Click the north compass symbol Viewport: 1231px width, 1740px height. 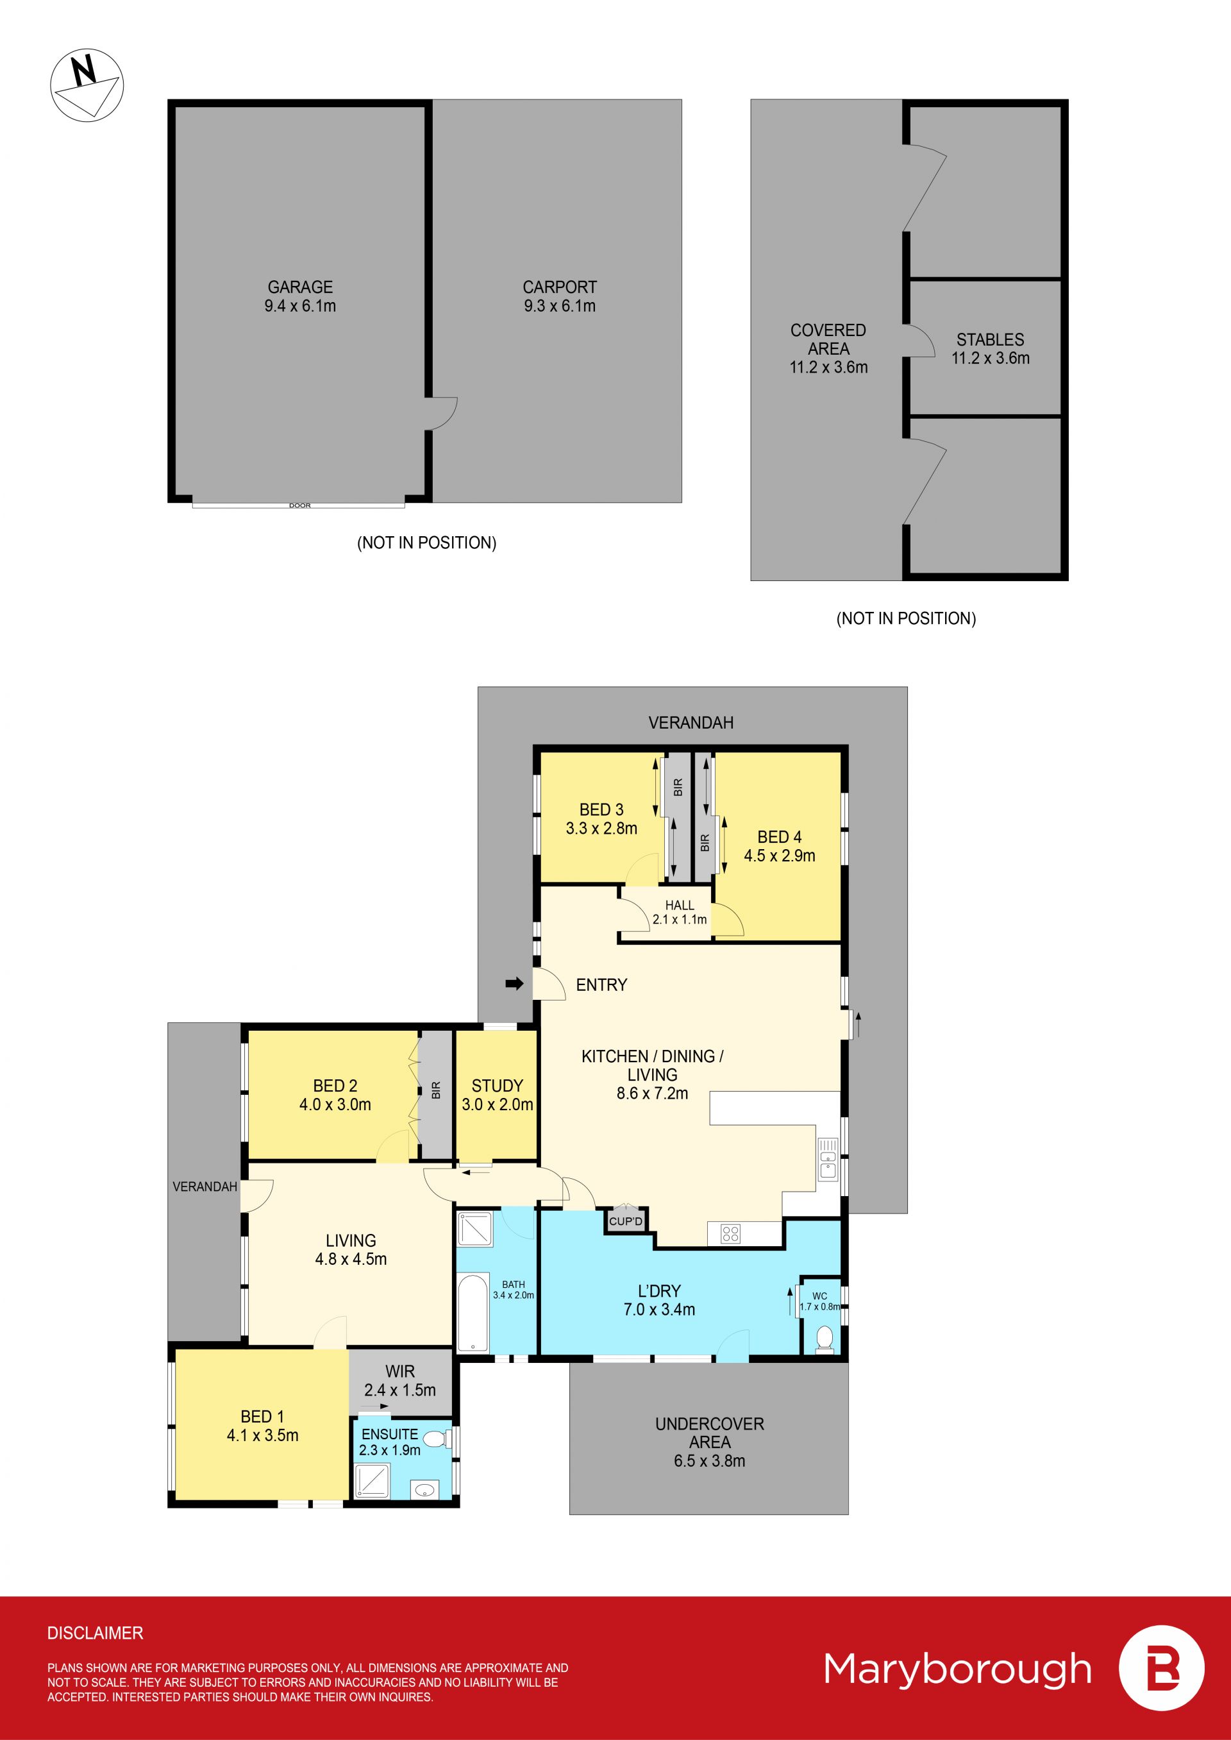[87, 85]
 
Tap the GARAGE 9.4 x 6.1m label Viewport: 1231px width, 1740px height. [300, 296]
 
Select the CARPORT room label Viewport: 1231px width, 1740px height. [560, 287]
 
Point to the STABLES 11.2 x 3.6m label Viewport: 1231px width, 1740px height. [991, 349]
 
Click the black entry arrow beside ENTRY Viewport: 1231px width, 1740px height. [515, 984]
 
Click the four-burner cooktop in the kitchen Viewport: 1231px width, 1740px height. [730, 1233]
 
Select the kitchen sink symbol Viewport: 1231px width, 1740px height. [828, 1159]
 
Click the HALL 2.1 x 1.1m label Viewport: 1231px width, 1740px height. [679, 912]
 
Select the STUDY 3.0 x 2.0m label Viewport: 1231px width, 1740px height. [498, 1095]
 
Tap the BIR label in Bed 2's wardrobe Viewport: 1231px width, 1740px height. [436, 1090]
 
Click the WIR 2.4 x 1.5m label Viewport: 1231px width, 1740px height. [399, 1381]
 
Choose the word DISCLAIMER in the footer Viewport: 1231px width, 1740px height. [95, 1633]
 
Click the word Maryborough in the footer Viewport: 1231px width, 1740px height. [957, 1669]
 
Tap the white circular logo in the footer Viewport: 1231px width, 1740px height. [1161, 1668]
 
